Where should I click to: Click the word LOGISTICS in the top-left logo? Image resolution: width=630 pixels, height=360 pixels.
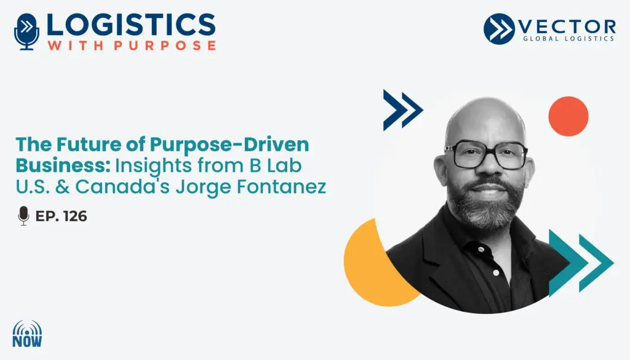pos(131,25)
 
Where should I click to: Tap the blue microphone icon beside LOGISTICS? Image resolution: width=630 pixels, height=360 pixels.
pos(26,32)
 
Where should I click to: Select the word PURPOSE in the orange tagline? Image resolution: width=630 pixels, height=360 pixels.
pos(165,45)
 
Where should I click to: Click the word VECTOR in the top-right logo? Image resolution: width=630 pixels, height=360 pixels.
pos(567,27)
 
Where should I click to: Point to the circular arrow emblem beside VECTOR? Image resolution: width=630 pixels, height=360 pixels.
pos(499,28)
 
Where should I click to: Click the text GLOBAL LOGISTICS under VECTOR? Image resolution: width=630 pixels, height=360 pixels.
pos(568,39)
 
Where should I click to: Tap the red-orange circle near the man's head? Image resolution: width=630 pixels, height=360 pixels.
pos(568,116)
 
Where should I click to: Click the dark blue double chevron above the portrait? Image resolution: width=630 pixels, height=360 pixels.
pos(403,110)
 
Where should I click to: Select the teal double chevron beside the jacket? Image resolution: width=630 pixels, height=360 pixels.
pos(581,263)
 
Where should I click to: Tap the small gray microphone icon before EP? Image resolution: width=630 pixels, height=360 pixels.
pos(24,216)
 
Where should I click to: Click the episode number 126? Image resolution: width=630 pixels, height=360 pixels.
pos(75,216)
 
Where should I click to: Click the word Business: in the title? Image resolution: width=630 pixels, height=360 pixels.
pos(63,166)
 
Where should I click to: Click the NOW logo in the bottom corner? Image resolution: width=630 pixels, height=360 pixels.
pos(27,334)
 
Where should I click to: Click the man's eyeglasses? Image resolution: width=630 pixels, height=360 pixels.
pos(486,154)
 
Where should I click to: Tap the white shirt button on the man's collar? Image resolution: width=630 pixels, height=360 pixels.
pos(480,250)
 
